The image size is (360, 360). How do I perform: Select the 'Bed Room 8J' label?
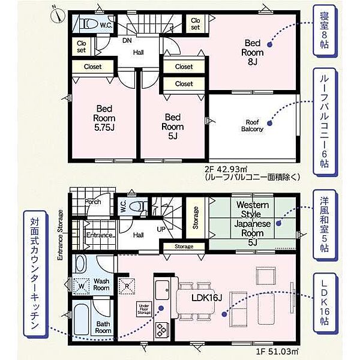[x=253, y=52]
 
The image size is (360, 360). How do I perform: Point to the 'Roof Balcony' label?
[x=253, y=125]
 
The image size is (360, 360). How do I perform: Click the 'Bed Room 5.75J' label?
[x=104, y=118]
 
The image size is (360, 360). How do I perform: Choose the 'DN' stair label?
[x=127, y=41]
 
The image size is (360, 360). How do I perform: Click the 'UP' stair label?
[x=161, y=229]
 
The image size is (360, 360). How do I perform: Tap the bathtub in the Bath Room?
[x=82, y=320]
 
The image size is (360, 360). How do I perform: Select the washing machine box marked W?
[x=81, y=286]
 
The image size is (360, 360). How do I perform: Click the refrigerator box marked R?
[x=127, y=286]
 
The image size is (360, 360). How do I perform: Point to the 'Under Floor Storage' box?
[x=144, y=309]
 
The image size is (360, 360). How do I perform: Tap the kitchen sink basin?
[x=162, y=290]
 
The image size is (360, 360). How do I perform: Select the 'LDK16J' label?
[x=206, y=298]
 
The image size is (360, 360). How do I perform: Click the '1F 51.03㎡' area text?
[x=277, y=351]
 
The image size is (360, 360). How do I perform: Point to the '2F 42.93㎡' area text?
[x=226, y=170]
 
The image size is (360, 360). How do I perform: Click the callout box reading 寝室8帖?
[x=325, y=31]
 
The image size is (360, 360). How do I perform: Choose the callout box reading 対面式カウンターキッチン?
[x=35, y=274]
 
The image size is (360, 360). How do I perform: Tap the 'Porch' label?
[x=93, y=202]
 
